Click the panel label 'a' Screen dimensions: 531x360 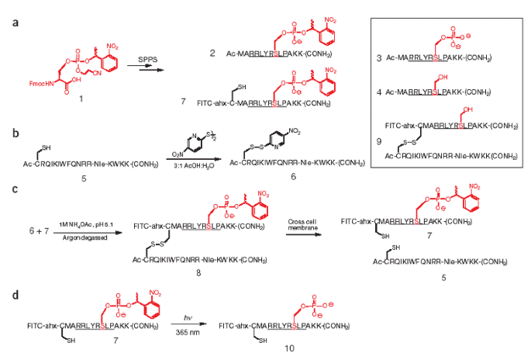16,24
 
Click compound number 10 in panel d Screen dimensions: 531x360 289,348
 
